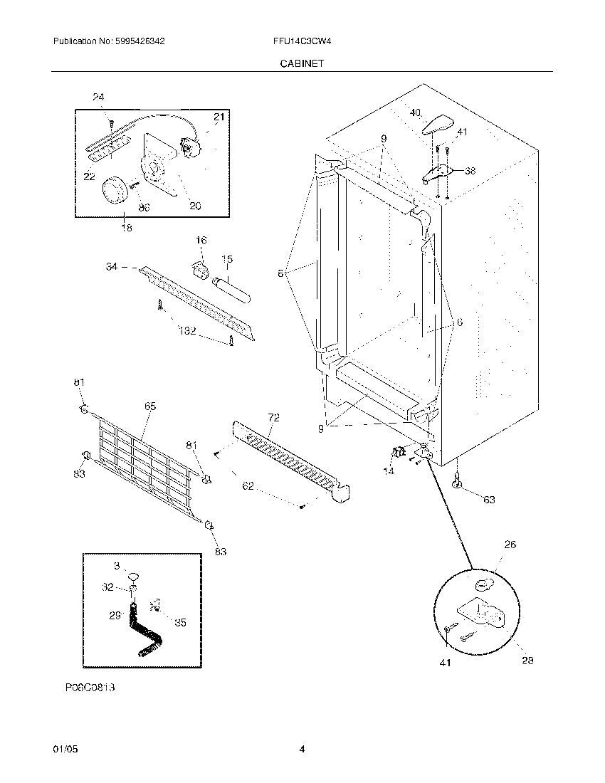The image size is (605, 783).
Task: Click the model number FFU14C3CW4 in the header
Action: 298,42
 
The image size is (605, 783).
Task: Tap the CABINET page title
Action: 302,63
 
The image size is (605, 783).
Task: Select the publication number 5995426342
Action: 140,42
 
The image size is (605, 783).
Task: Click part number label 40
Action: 415,112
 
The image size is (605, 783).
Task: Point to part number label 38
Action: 470,171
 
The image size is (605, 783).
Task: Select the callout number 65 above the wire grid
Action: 150,406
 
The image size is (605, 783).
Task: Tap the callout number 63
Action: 489,500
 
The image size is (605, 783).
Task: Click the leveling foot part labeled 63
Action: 455,483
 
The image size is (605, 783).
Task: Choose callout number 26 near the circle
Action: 510,545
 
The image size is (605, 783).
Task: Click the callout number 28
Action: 527,661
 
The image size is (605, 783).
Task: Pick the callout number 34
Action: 111,266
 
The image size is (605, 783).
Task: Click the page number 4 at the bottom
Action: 302,750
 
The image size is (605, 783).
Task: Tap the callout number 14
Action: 389,471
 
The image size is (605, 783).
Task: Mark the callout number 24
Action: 98,97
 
